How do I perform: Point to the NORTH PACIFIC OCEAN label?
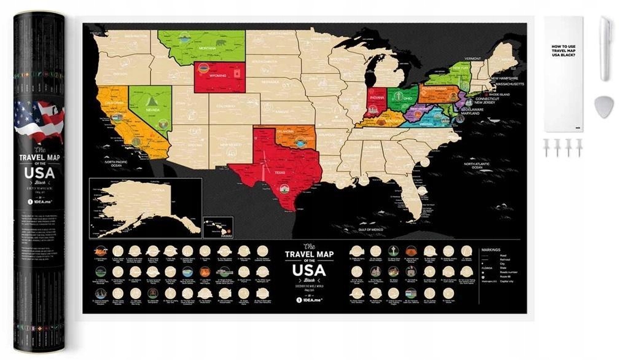pyautogui.click(x=105, y=163)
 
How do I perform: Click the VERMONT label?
pyautogui.click(x=472, y=58)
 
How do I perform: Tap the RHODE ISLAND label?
pyautogui.click(x=498, y=95)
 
